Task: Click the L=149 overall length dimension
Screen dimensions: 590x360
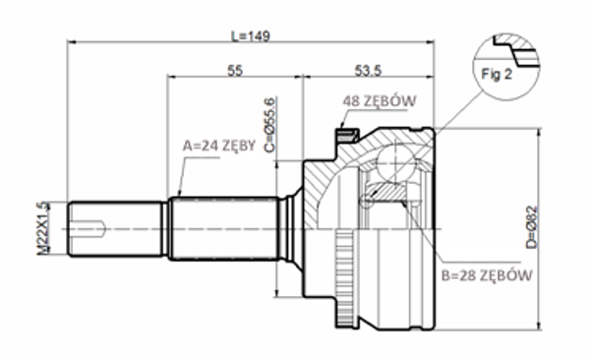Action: click(x=250, y=35)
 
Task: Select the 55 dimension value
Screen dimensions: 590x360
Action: click(x=235, y=71)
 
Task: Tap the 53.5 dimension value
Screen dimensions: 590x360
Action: click(x=368, y=71)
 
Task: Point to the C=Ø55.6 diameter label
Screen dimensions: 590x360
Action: click(x=270, y=125)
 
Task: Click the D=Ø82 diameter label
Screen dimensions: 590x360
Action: click(x=532, y=227)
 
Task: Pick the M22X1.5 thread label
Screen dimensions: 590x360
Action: click(x=43, y=228)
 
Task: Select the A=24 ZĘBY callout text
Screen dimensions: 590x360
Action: click(x=219, y=146)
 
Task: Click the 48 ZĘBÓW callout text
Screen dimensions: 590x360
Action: click(x=380, y=101)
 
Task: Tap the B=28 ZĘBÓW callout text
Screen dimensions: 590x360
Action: click(x=487, y=275)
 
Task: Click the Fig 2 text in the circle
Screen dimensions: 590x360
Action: click(x=497, y=74)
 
